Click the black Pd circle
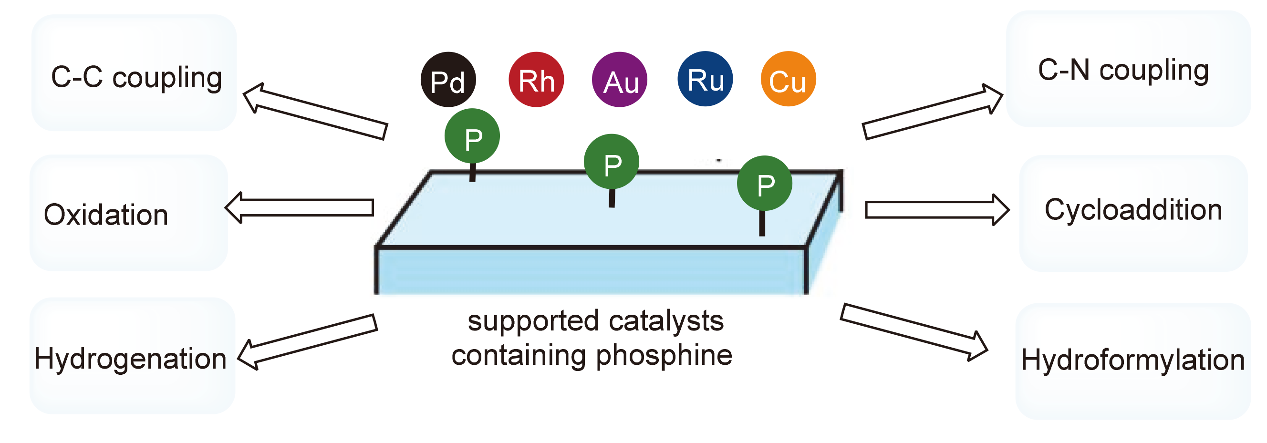[448, 80]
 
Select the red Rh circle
[536, 80]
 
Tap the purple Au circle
[620, 80]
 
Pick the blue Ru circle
[706, 79]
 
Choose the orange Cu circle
[789, 79]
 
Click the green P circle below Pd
[472, 137]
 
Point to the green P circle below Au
[612, 162]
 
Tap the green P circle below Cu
[765, 184]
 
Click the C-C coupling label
[136, 78]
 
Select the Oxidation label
[106, 215]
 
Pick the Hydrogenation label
[130, 359]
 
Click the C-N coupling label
[1123, 70]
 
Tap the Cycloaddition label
[1133, 210]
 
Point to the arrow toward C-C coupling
[315, 111]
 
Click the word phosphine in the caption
[664, 355]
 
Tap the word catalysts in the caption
[666, 321]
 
